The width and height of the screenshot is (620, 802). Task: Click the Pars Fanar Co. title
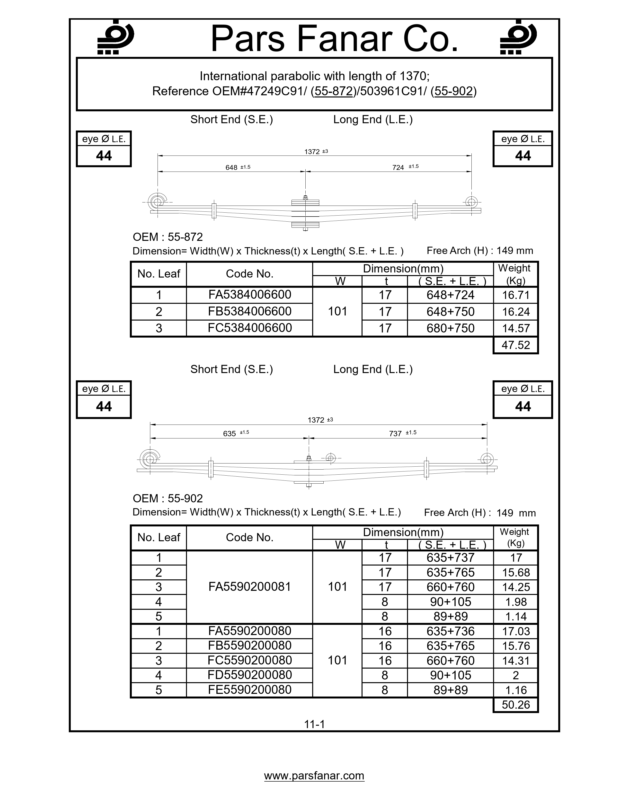334,39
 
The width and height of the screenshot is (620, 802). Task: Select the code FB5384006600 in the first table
249,311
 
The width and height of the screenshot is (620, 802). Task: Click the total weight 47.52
515,345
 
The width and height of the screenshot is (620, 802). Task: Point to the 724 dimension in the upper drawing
398,167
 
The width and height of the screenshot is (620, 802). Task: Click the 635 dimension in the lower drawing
230,433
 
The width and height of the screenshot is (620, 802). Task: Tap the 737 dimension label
395,433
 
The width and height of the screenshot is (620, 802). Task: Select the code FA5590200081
249,587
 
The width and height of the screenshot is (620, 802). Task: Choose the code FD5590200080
249,675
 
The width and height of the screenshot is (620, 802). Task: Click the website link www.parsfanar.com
314,776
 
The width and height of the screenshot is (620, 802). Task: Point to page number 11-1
314,724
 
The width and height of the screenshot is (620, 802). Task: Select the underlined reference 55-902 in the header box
453,91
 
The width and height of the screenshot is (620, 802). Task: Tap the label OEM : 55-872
168,237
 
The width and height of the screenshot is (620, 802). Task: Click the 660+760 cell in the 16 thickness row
450,661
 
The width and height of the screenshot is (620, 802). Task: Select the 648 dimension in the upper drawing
231,167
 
